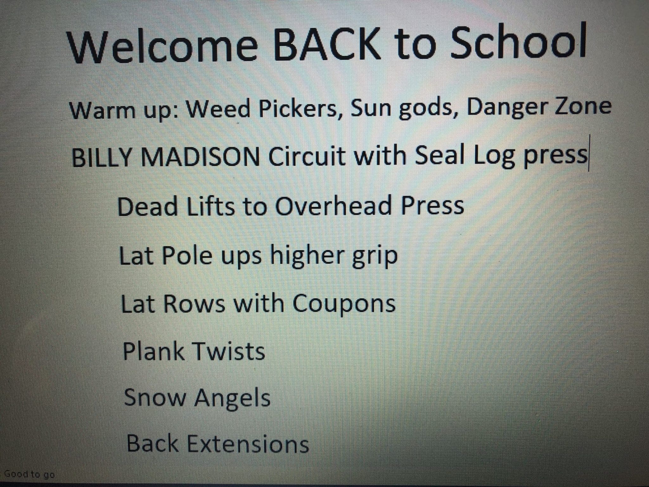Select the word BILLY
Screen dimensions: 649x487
101,157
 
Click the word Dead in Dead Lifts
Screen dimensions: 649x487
147,206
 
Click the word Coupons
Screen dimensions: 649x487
344,305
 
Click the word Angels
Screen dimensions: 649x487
232,399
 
